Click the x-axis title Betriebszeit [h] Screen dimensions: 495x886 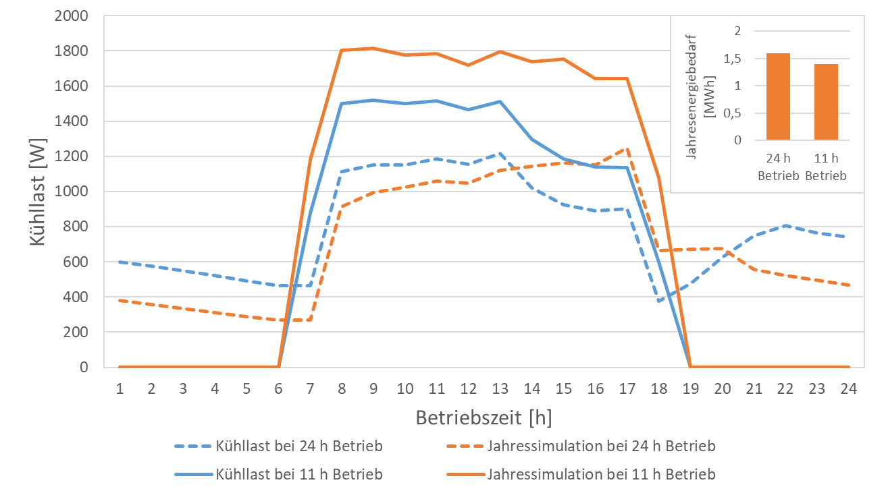point(484,418)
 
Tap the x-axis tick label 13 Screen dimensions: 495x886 point(500,388)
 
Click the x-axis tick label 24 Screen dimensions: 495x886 point(849,388)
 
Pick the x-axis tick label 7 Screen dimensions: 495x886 point(310,388)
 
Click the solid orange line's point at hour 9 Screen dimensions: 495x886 point(373,49)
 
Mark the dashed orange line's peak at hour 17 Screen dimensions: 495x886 point(627,148)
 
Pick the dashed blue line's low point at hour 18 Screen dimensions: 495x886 point(658,301)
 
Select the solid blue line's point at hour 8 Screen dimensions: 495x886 point(342,104)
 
